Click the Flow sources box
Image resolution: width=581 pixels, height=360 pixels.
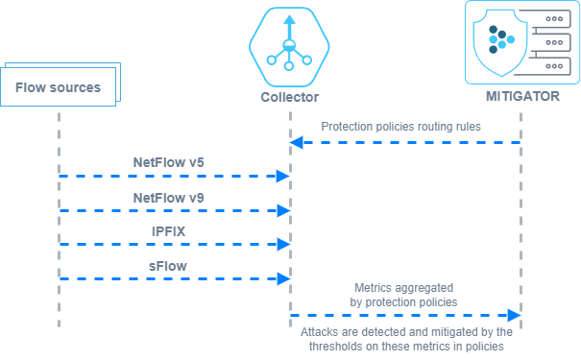(59, 87)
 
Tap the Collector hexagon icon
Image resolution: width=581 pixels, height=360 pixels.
(289, 47)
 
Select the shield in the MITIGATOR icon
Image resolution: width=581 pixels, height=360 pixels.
(500, 42)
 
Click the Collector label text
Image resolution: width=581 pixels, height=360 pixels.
(289, 97)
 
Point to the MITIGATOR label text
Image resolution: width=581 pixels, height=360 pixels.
(522, 96)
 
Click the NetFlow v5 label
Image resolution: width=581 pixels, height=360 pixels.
(169, 162)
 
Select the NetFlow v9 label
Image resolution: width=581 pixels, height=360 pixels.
(169, 198)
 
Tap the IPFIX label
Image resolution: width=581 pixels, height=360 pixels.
(169, 231)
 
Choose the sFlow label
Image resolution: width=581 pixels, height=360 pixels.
(168, 266)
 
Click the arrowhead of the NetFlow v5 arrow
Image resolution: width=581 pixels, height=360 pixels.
(283, 177)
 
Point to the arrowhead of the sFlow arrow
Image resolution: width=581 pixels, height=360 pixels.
(283, 279)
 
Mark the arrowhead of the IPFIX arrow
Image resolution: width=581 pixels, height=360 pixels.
(283, 245)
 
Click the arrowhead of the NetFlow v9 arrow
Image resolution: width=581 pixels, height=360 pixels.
(283, 211)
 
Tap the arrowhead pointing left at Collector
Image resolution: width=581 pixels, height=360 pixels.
(297, 143)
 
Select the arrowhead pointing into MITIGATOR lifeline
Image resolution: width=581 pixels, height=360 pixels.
(515, 316)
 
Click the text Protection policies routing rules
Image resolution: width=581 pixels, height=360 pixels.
(400, 127)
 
